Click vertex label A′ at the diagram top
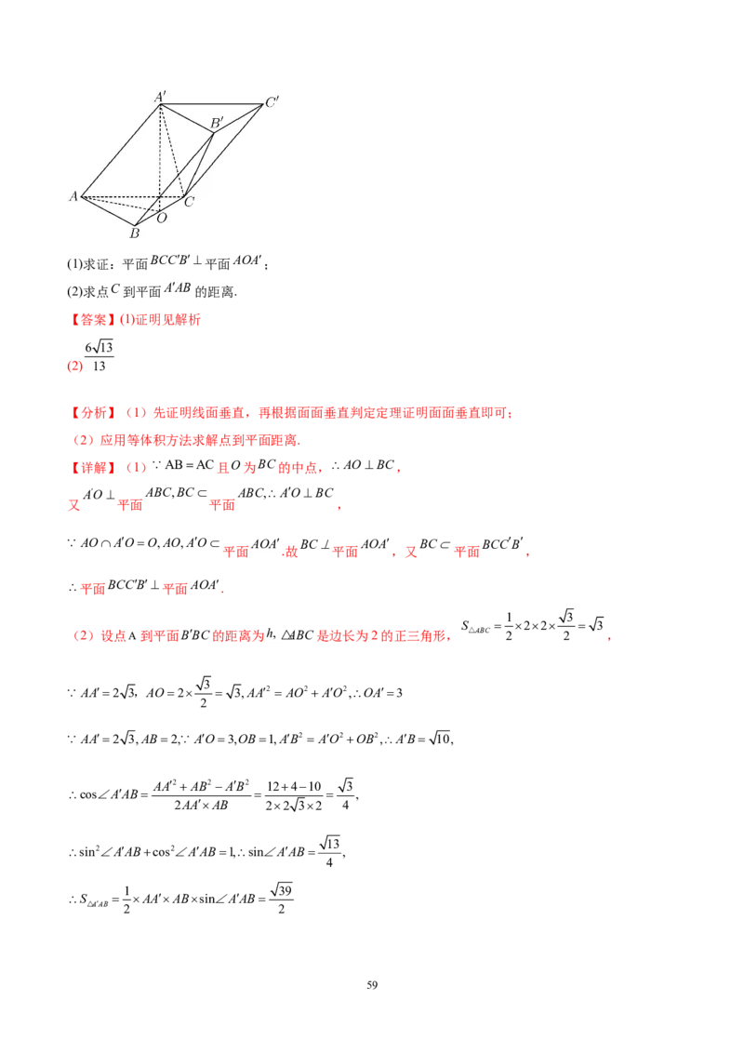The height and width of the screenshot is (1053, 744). pyautogui.click(x=160, y=97)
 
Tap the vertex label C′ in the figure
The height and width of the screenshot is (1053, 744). pyautogui.click(x=272, y=102)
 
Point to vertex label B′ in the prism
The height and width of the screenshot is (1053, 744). pyautogui.click(x=216, y=123)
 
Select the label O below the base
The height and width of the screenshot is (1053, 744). pyautogui.click(x=162, y=219)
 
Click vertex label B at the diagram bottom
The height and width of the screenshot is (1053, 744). pyautogui.click(x=134, y=233)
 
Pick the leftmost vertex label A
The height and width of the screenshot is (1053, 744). pyautogui.click(x=73, y=197)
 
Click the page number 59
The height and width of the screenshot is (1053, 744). pyautogui.click(x=372, y=985)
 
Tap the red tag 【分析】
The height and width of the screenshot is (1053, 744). pyautogui.click(x=93, y=413)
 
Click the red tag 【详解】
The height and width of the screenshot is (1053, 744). pyautogui.click(x=93, y=467)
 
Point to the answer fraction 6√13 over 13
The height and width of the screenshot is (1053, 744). pyautogui.click(x=99, y=356)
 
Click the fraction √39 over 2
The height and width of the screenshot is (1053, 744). pyautogui.click(x=282, y=899)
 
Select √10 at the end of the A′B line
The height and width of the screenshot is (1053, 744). pyautogui.click(x=440, y=739)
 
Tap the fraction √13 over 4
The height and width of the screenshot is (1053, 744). pyautogui.click(x=330, y=851)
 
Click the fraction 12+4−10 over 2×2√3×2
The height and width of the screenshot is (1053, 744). pyautogui.click(x=294, y=795)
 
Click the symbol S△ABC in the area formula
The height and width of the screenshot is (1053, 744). pyautogui.click(x=475, y=627)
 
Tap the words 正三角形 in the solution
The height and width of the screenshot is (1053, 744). pyautogui.click(x=421, y=635)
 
